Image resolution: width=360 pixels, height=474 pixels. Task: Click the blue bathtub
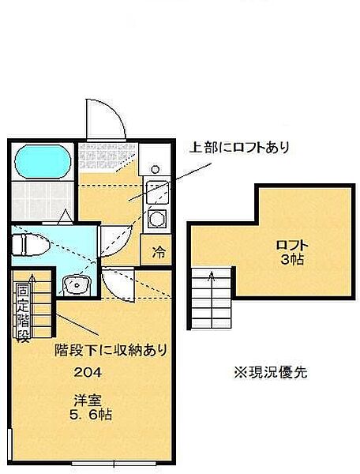pos(40,163)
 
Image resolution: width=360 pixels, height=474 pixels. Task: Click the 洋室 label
pos(85,398)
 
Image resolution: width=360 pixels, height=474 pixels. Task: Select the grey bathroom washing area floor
pos(41,201)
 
